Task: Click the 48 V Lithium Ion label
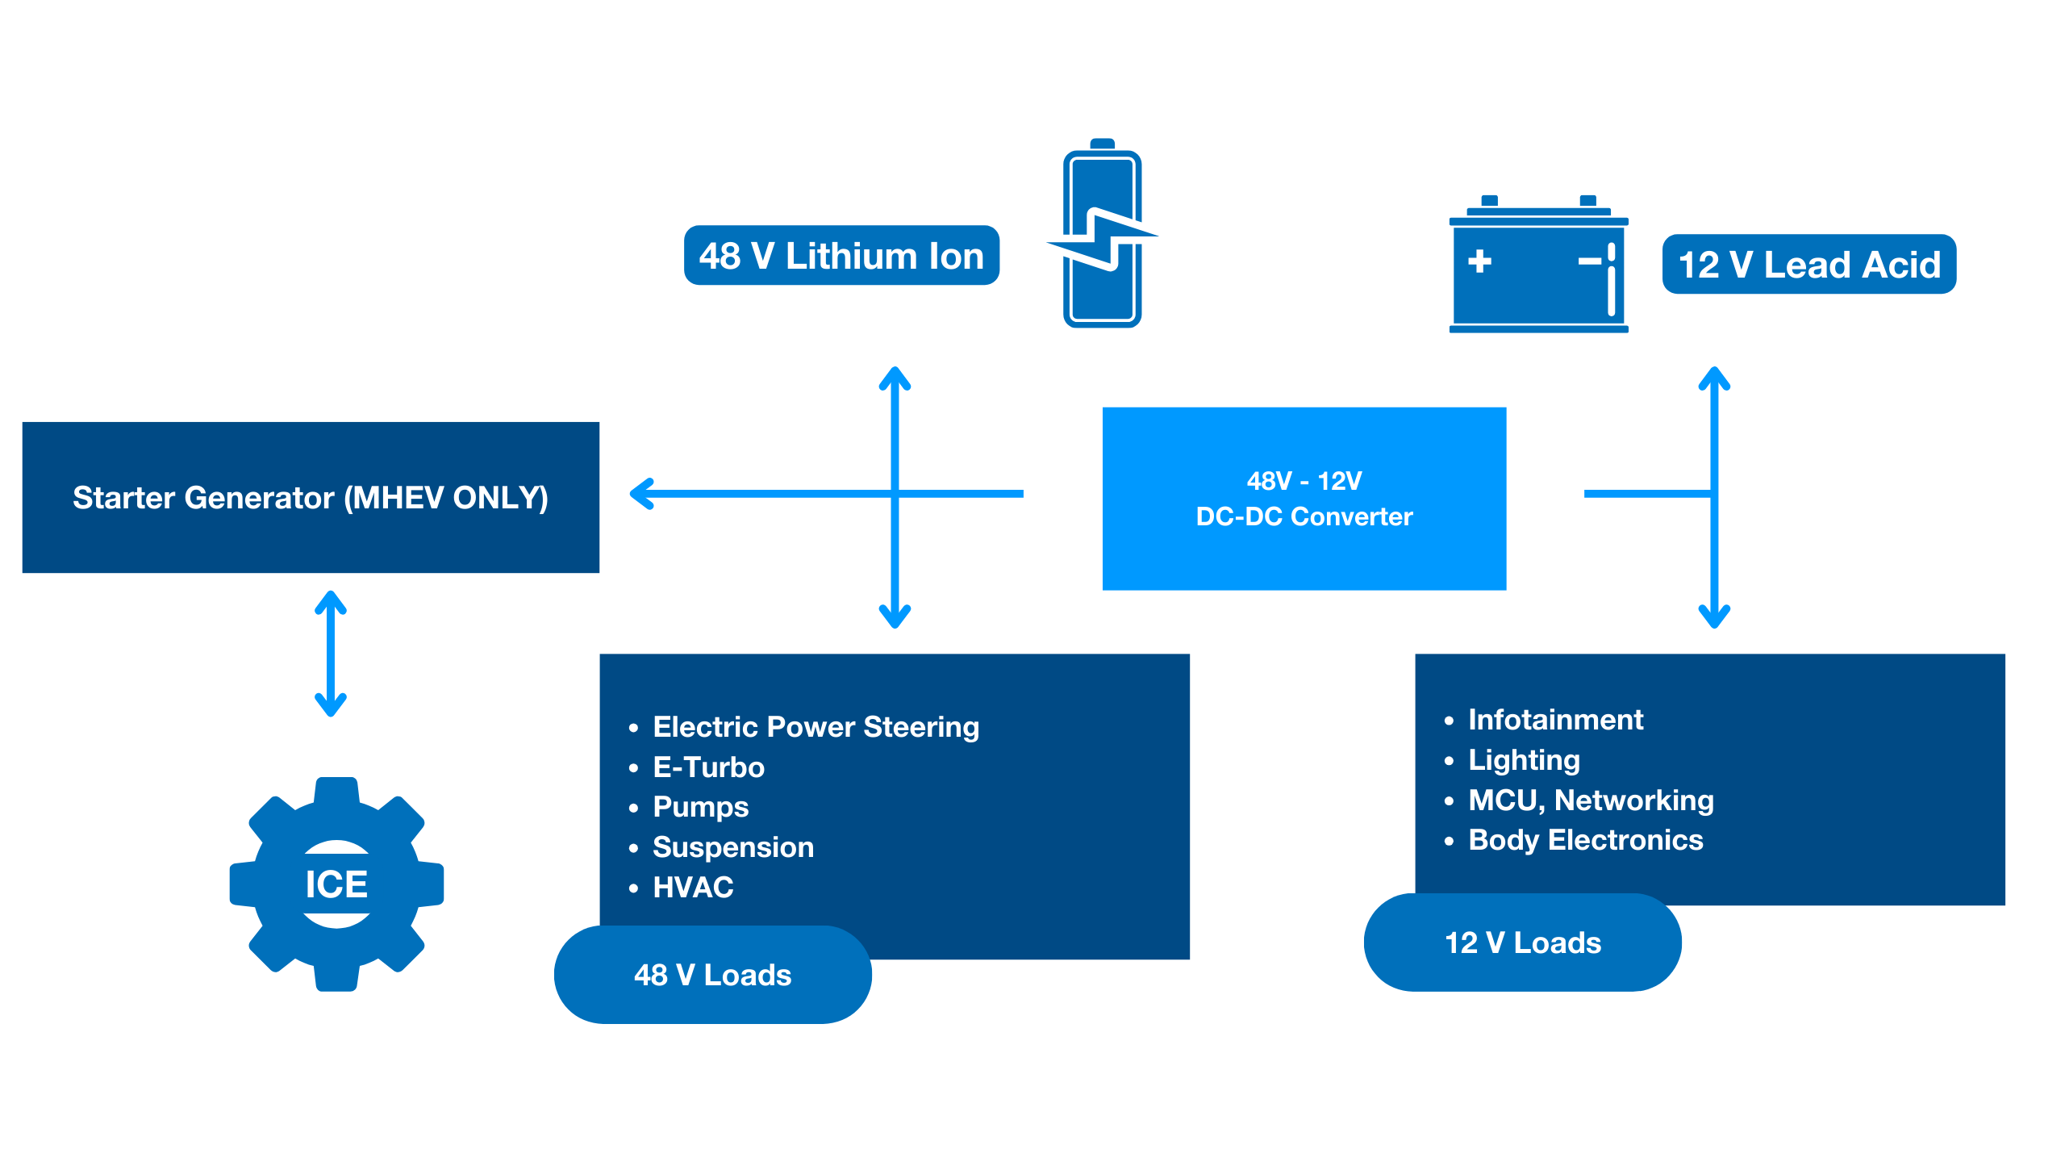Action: [x=841, y=256]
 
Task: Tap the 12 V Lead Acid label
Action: [x=1808, y=265]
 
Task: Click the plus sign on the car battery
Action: [x=1479, y=261]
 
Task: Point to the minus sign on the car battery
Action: [x=1589, y=261]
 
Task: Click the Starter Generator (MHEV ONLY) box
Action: [x=311, y=497]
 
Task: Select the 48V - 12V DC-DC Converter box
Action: [x=1304, y=499]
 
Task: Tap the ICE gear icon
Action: [x=336, y=884]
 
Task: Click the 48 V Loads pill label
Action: [x=712, y=975]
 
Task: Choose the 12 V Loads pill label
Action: [x=1522, y=943]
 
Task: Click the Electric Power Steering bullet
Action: [x=815, y=727]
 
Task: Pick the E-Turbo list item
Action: [x=708, y=767]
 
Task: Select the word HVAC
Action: [x=693, y=888]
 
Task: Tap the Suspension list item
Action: [x=732, y=847]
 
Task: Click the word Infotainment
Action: [x=1555, y=720]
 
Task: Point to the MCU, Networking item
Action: [x=1590, y=800]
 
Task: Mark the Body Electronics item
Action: [x=1585, y=840]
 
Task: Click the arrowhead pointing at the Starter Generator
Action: [x=642, y=494]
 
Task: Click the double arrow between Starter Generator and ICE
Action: [x=331, y=654]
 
